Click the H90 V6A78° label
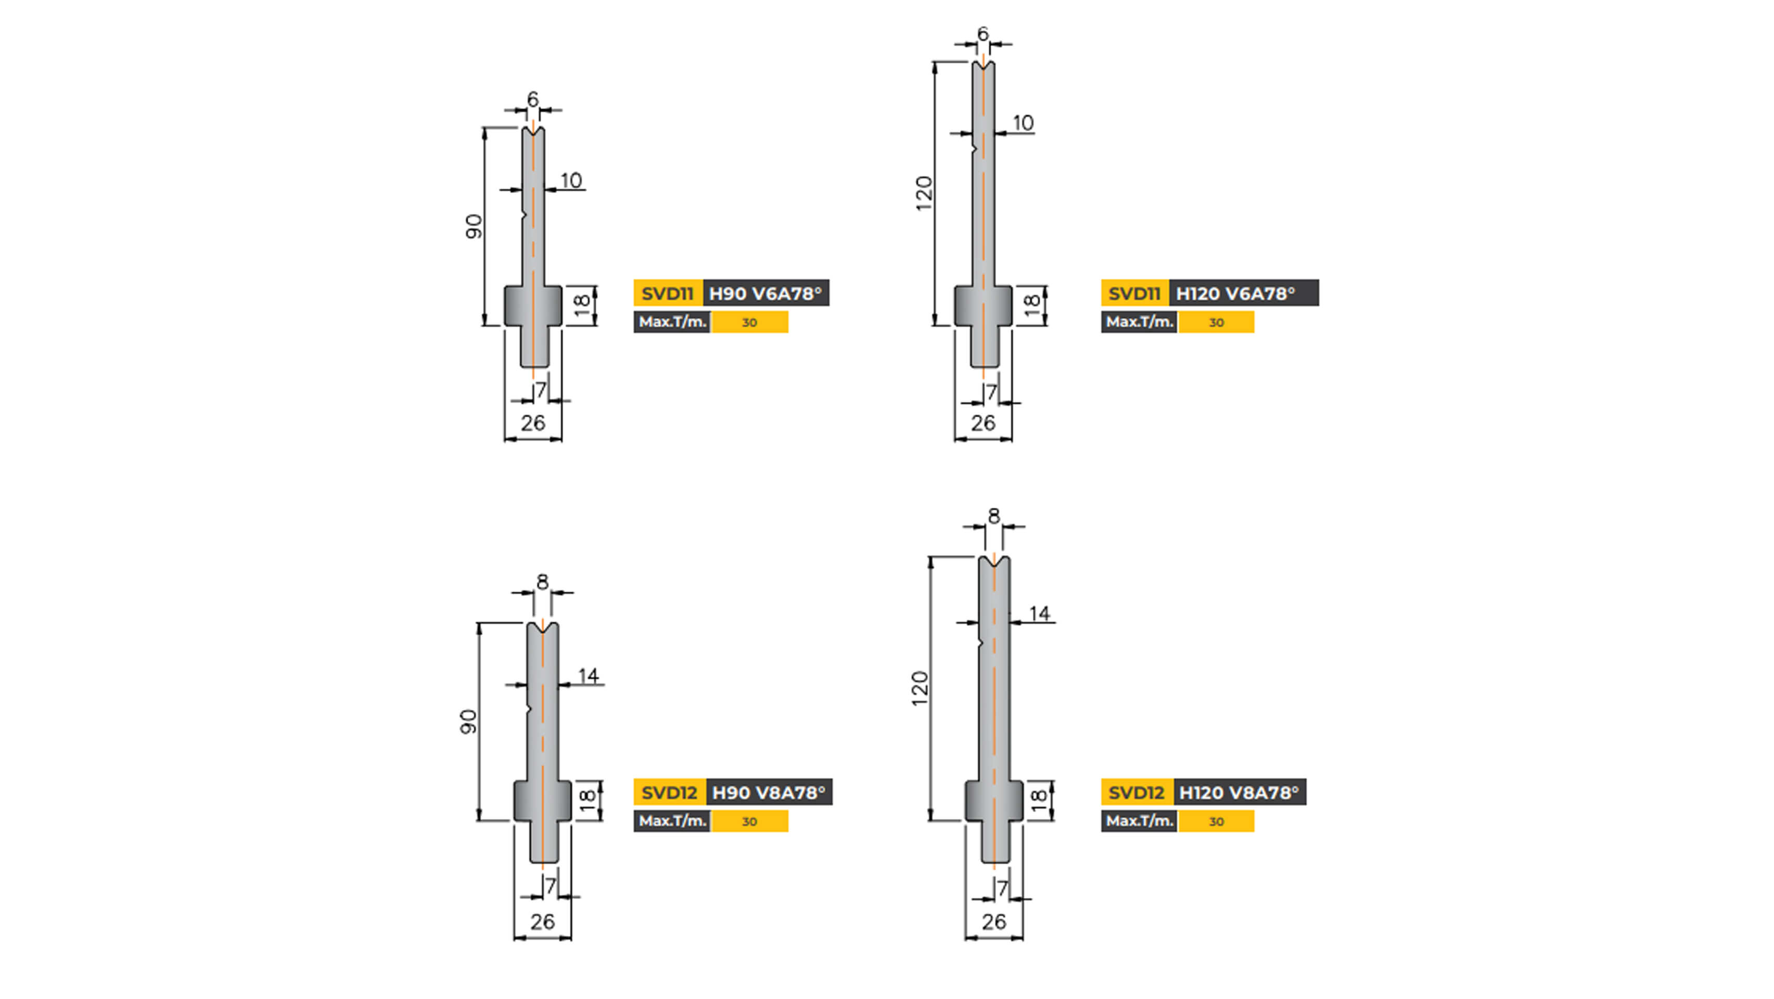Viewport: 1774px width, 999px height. click(765, 293)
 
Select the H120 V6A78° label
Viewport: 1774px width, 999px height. click(1235, 293)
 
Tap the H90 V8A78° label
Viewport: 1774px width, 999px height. click(768, 792)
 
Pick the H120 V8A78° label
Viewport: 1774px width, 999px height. click(1239, 792)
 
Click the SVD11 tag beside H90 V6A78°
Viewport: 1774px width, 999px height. click(667, 293)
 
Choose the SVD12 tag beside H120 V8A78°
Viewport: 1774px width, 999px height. click(1137, 792)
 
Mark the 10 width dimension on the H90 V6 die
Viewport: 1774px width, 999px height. click(571, 181)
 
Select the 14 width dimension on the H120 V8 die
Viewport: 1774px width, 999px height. click(1039, 613)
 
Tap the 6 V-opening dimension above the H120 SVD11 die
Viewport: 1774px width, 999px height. click(982, 34)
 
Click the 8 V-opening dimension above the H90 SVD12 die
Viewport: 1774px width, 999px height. click(543, 582)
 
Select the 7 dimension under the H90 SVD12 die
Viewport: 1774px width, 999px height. click(550, 887)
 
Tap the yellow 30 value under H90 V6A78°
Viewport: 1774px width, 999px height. click(749, 322)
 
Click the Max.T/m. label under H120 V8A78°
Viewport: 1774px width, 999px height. click(1140, 821)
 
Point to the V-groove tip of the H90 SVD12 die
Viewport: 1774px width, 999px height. click(543, 632)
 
